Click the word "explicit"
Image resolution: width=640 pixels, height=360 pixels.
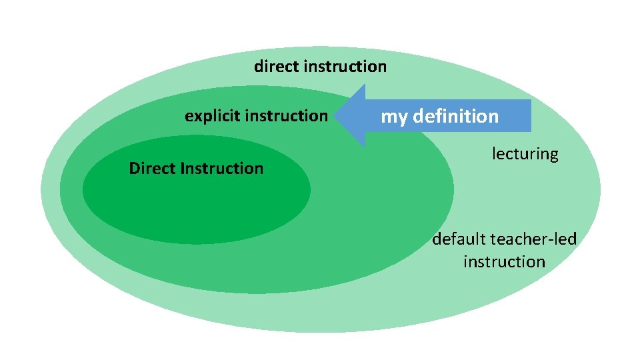tap(209, 116)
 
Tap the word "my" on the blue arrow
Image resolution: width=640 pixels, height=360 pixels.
tap(393, 117)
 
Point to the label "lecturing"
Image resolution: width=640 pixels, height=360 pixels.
tap(525, 154)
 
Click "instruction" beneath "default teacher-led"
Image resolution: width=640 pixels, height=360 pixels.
tap(504, 262)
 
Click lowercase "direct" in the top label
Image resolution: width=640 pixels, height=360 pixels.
tap(276, 67)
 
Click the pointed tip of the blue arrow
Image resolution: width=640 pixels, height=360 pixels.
tap(336, 116)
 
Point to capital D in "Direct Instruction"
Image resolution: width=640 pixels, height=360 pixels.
tap(134, 168)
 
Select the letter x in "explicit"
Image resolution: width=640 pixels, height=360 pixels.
tap(196, 117)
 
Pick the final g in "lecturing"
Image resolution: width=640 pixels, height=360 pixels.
tap(553, 156)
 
